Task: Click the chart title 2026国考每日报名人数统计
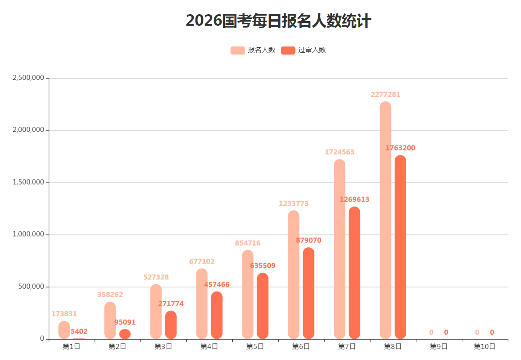pos(278,21)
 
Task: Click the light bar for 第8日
pos(385,220)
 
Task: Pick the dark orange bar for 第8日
pos(400,248)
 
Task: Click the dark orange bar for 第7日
pos(354,273)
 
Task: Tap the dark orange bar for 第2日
pos(125,334)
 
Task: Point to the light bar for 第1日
pos(64,330)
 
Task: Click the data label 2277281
pos(385,95)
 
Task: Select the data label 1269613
pos(354,199)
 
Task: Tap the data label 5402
pos(79,331)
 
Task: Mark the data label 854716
pos(247,243)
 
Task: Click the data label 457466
pos(217,285)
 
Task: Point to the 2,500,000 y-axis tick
pos(28,78)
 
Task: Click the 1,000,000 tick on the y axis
pos(28,234)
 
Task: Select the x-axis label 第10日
pos(484,347)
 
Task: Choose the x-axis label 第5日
pos(255,347)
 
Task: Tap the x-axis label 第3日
pos(163,347)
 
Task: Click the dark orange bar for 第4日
pos(217,316)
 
